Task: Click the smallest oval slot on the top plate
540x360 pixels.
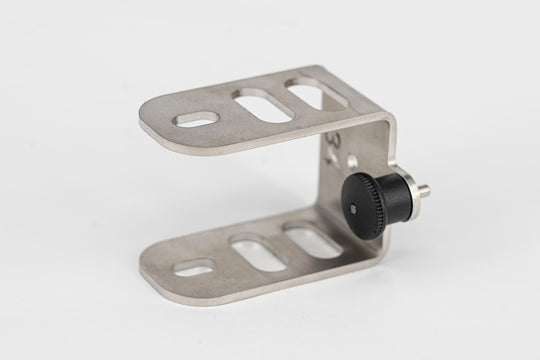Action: (193, 119)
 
